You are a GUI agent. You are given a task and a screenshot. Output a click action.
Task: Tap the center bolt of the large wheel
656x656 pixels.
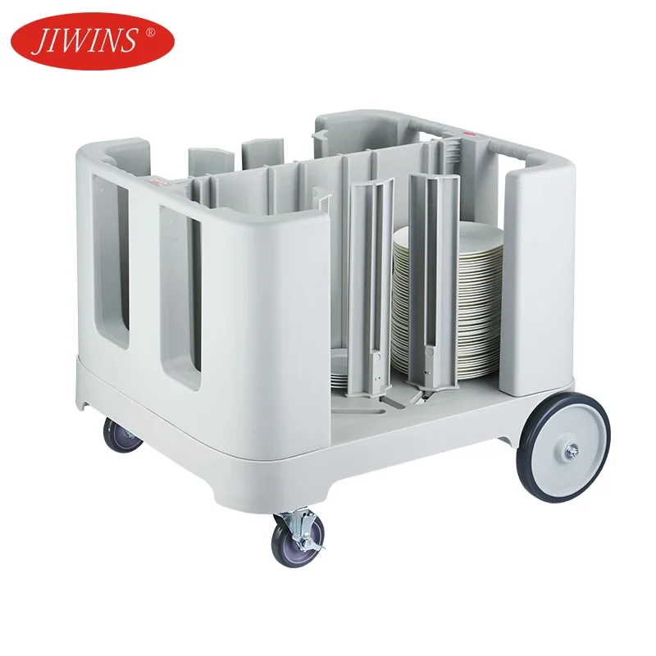coord(571,449)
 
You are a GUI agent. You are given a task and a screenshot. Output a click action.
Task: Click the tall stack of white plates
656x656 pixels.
coord(447,303)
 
